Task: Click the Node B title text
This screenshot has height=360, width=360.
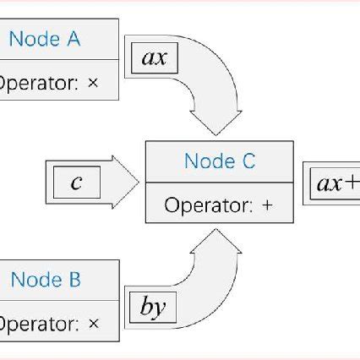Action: [46, 281]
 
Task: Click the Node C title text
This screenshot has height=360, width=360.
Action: [220, 161]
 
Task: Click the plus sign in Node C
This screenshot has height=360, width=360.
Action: [268, 205]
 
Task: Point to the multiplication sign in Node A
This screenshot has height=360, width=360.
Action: [93, 83]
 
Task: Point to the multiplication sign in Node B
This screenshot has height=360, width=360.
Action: [93, 324]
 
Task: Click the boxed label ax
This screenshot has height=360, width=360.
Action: [154, 58]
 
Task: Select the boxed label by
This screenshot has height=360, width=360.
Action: [152, 308]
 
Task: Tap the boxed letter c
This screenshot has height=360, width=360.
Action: [76, 182]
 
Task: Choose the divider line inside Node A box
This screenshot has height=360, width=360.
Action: [59, 60]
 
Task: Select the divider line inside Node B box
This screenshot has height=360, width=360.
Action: [59, 302]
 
